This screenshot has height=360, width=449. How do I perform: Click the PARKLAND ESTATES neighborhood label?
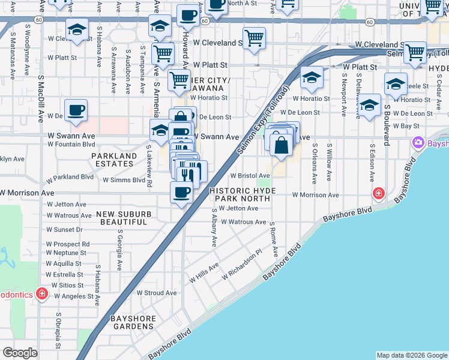click(x=114, y=159)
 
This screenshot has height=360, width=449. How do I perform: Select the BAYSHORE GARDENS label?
click(x=132, y=322)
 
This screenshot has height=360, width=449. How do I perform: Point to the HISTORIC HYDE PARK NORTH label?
click(x=243, y=194)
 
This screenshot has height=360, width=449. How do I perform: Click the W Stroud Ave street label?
click(x=156, y=293)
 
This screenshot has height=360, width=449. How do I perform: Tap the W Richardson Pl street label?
click(x=242, y=265)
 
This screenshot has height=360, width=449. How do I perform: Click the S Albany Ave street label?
click(x=214, y=227)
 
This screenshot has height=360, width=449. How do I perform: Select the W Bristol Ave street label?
click(x=250, y=176)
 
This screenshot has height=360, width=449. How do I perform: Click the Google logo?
click(x=20, y=353)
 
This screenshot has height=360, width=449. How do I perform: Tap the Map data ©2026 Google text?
click(x=411, y=355)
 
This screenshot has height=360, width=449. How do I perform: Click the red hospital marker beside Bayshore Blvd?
click(x=378, y=193)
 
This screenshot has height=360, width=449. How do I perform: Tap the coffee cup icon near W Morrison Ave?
click(x=181, y=192)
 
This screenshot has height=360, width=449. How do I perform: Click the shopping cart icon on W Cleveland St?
click(x=255, y=38)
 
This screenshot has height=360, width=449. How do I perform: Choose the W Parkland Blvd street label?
click(x=70, y=178)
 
